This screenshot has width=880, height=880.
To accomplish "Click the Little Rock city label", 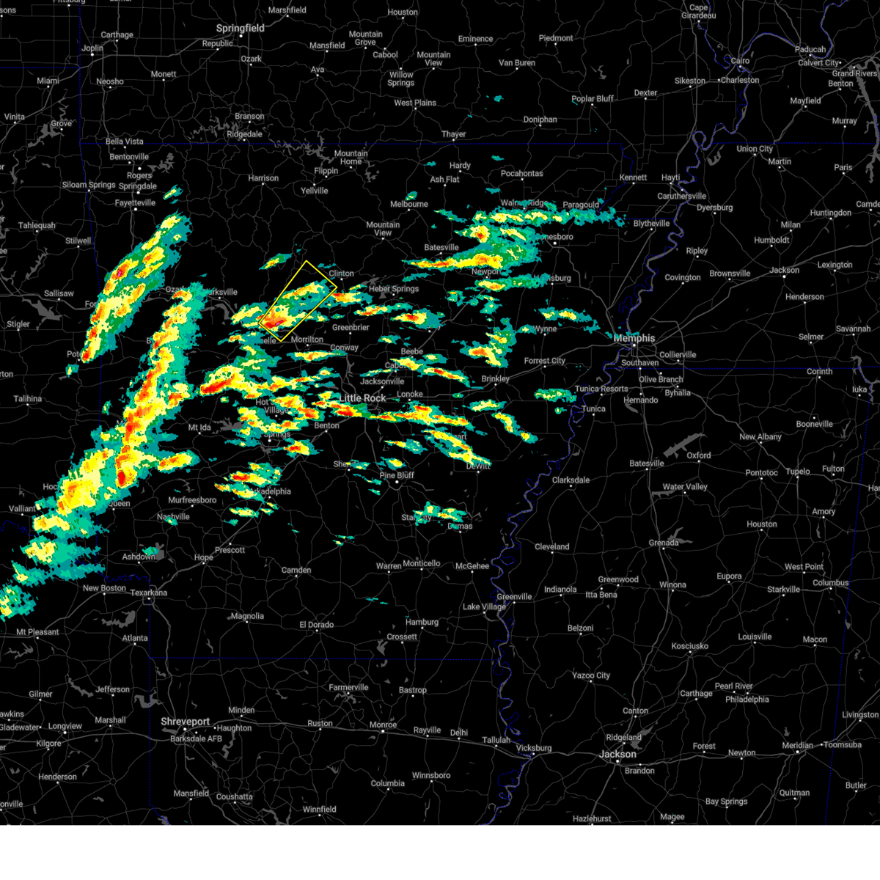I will point(362,398).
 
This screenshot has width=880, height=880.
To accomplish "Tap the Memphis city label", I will point(634,338).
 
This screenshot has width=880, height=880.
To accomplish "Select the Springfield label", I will point(240,29).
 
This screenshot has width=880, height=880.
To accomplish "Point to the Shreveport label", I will point(186,722).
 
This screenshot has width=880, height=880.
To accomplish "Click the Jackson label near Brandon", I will point(617,754).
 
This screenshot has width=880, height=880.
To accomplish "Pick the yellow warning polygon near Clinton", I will point(298,301).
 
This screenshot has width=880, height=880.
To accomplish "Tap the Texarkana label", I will point(148,593).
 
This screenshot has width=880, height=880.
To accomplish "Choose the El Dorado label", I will point(316,625).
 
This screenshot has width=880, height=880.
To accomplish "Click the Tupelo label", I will point(798,472).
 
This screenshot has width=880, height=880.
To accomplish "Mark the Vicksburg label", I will point(533,748).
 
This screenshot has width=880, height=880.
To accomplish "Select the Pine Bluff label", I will point(397,475).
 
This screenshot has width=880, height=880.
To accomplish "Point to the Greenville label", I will point(514,596).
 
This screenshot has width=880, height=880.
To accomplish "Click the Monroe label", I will point(383,725).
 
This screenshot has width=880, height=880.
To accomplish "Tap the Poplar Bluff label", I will point(593,99).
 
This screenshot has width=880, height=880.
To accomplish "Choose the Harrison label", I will point(263,178).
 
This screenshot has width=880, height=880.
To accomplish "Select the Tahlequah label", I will point(36,225).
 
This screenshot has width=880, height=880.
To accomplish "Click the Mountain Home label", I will point(351,158).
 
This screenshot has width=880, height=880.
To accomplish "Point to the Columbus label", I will point(830,583).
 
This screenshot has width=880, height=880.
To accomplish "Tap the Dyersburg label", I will point(715,208).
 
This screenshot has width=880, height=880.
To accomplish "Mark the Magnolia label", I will point(247,616).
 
